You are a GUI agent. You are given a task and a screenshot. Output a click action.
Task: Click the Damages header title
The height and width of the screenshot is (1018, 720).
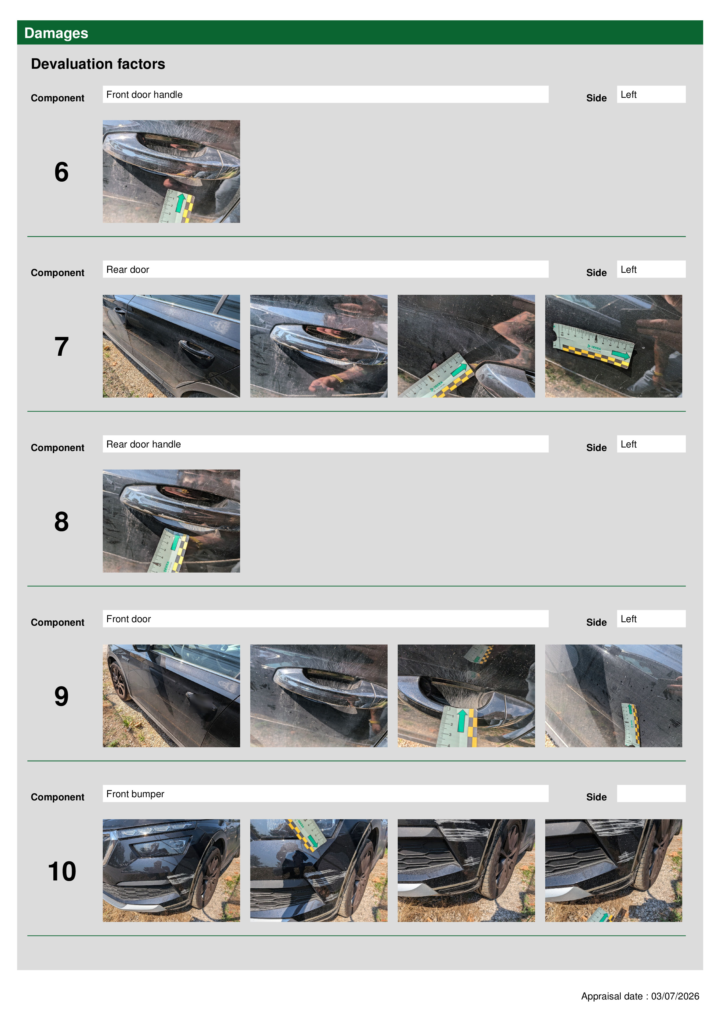56,33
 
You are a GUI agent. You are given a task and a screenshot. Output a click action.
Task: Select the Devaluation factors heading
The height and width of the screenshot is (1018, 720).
98,64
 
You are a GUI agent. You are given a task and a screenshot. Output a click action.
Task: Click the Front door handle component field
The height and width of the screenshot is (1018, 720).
325,94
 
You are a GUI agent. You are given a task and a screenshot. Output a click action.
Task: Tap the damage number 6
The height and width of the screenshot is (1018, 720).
62,172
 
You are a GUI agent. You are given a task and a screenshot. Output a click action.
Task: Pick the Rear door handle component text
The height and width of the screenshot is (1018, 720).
144,444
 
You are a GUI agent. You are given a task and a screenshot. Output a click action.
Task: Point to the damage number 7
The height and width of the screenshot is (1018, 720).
62,347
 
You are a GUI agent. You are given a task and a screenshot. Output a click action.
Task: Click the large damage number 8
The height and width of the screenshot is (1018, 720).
62,521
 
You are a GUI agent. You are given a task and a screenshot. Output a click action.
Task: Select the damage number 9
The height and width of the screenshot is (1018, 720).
62,696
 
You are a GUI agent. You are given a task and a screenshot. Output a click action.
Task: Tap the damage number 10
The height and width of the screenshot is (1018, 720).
62,871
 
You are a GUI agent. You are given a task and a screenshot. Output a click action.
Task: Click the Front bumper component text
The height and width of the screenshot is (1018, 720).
135,794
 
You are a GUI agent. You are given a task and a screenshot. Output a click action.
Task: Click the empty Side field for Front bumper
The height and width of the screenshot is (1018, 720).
651,793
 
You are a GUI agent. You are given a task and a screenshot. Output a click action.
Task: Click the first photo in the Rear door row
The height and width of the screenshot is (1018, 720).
171,346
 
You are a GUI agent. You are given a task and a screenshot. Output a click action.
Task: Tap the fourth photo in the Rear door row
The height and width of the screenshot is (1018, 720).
613,346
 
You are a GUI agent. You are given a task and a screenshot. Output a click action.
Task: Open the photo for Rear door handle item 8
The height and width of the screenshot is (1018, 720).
171,521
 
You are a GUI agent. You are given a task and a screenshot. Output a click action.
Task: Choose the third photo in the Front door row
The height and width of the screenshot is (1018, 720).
466,696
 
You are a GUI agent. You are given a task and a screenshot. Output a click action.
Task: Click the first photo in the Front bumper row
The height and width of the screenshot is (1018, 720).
171,870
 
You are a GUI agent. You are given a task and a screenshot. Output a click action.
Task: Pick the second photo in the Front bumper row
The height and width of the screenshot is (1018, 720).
318,870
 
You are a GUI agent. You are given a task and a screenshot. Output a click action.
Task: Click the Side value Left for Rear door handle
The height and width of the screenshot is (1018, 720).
628,444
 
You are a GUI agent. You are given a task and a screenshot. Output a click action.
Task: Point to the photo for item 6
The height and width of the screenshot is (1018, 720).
171,172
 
